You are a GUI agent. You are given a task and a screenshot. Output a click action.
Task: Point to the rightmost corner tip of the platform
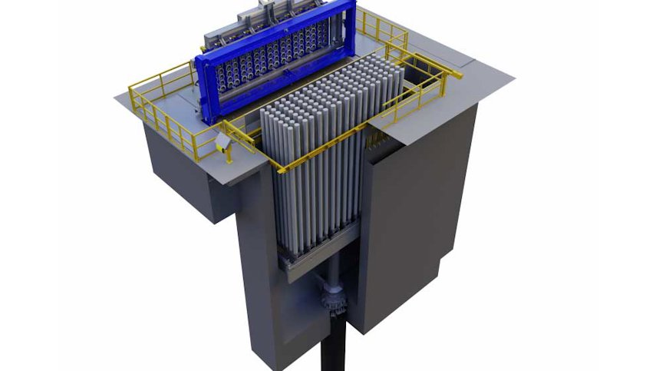coord(512,75)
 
